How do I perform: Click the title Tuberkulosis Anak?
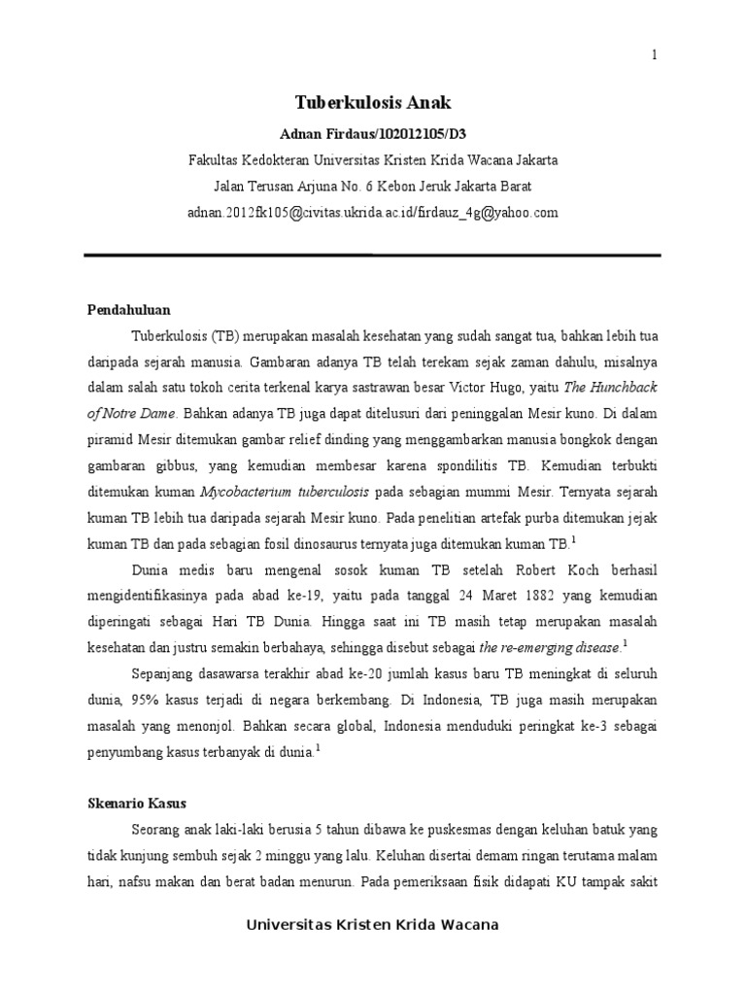click(373, 102)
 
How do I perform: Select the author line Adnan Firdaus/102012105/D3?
click(373, 132)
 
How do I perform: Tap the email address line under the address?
click(373, 212)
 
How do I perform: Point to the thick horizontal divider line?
click(373, 256)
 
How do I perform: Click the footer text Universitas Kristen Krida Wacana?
click(373, 925)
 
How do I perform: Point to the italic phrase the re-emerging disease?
click(551, 645)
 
